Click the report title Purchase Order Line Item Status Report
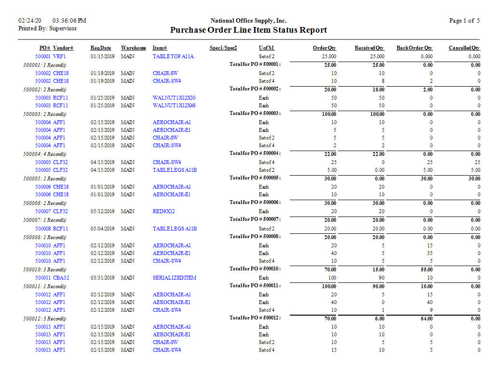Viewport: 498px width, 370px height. coord(248,30)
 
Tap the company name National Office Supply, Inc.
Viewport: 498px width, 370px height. coord(248,21)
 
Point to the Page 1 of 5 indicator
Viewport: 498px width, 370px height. coord(464,21)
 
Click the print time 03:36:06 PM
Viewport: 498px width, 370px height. coord(69,21)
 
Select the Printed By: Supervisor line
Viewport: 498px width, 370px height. coord(47,28)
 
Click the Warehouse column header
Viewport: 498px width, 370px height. coord(134,48)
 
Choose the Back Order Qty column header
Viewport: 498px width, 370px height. coord(414,48)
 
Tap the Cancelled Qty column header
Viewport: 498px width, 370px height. coord(464,48)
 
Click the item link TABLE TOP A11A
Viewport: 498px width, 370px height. coord(173,56)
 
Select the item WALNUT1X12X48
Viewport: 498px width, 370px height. coord(174,105)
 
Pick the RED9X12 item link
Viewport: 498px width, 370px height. coord(164,211)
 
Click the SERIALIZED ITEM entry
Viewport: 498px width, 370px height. coord(175,278)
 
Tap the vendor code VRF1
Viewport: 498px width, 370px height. coord(59,56)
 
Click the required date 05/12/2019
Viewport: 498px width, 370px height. coord(102,211)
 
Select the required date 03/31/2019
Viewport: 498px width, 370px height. coord(102,278)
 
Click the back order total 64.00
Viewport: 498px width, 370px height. coord(425,319)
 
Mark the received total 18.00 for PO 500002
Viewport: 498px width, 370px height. coord(378,89)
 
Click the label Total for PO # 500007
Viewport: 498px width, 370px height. coord(255,219)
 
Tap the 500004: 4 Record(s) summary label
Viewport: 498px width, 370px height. coord(45,154)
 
